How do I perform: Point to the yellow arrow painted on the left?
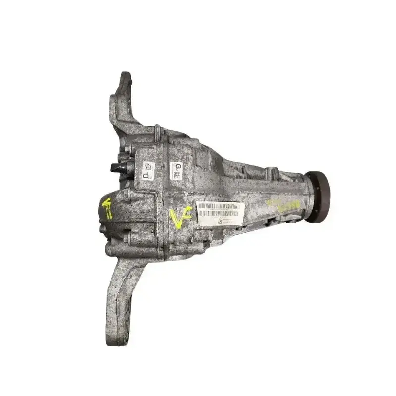pyautogui.click(x=107, y=208)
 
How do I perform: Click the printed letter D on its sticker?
pyautogui.click(x=146, y=174)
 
